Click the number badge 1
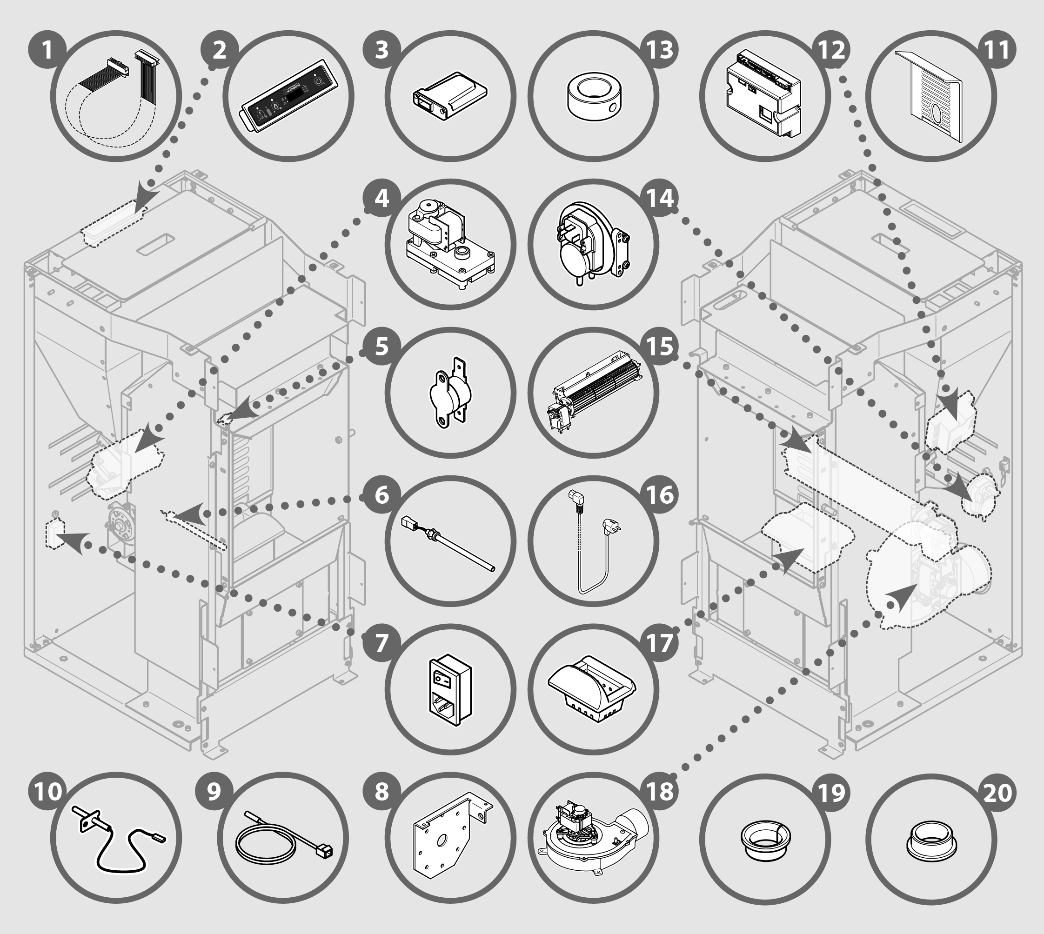tap(47, 50)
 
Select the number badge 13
tap(660, 50)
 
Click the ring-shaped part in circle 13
tap(593, 96)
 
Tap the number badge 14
tap(660, 198)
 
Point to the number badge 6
tap(381, 495)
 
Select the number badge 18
tap(660, 791)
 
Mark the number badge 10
tap(47, 791)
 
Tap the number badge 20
tap(997, 791)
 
